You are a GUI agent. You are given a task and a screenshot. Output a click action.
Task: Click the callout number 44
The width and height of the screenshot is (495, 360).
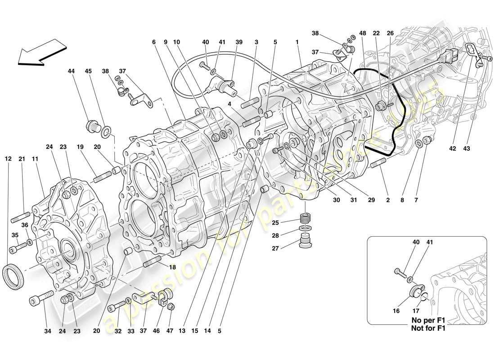point(71,71)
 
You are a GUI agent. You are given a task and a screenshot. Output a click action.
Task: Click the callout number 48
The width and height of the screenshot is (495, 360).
point(363,33)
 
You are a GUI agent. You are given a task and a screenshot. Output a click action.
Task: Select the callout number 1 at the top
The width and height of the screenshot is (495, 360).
point(297,42)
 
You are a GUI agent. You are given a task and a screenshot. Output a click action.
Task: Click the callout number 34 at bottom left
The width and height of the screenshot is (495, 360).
point(48,332)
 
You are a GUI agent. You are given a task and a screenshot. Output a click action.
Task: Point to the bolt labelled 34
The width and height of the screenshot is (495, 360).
point(41,298)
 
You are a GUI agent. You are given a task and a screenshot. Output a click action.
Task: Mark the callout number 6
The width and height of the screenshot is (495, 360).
point(153,42)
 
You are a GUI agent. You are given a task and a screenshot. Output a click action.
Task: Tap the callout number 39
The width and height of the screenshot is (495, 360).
point(239,42)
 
